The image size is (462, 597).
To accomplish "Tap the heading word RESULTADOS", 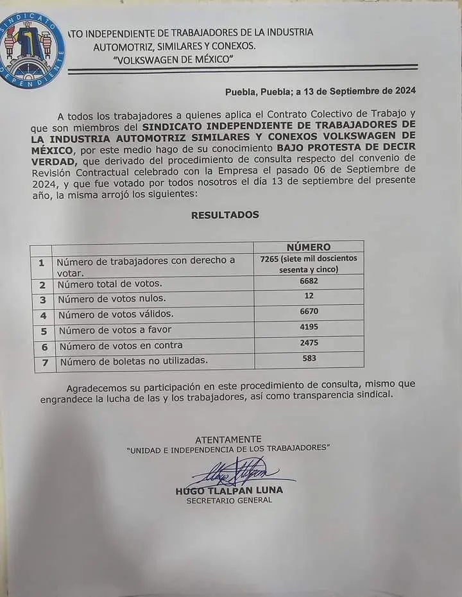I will point(225,215).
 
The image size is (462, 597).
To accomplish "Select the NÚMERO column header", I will point(309,247).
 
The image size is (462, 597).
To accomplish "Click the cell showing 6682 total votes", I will point(309,282).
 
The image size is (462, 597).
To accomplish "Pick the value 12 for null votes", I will point(309,297).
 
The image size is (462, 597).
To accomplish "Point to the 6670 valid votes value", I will point(309,312).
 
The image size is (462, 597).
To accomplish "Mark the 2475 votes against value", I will point(309,343).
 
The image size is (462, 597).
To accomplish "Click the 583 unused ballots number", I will point(309,359).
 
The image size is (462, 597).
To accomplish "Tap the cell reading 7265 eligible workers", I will point(309,264).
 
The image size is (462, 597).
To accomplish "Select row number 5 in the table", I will point(43,331).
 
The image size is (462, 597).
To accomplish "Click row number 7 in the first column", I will point(43,362).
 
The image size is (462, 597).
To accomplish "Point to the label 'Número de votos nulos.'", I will point(112,299).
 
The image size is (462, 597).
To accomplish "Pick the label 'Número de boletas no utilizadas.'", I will point(133,361).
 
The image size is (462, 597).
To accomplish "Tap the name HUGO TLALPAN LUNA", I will point(229,490).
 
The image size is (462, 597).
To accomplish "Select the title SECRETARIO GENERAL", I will point(229,500).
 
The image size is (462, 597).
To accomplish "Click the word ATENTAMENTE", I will point(228,438).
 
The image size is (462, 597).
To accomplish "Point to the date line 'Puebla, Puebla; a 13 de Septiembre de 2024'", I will point(320,91).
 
